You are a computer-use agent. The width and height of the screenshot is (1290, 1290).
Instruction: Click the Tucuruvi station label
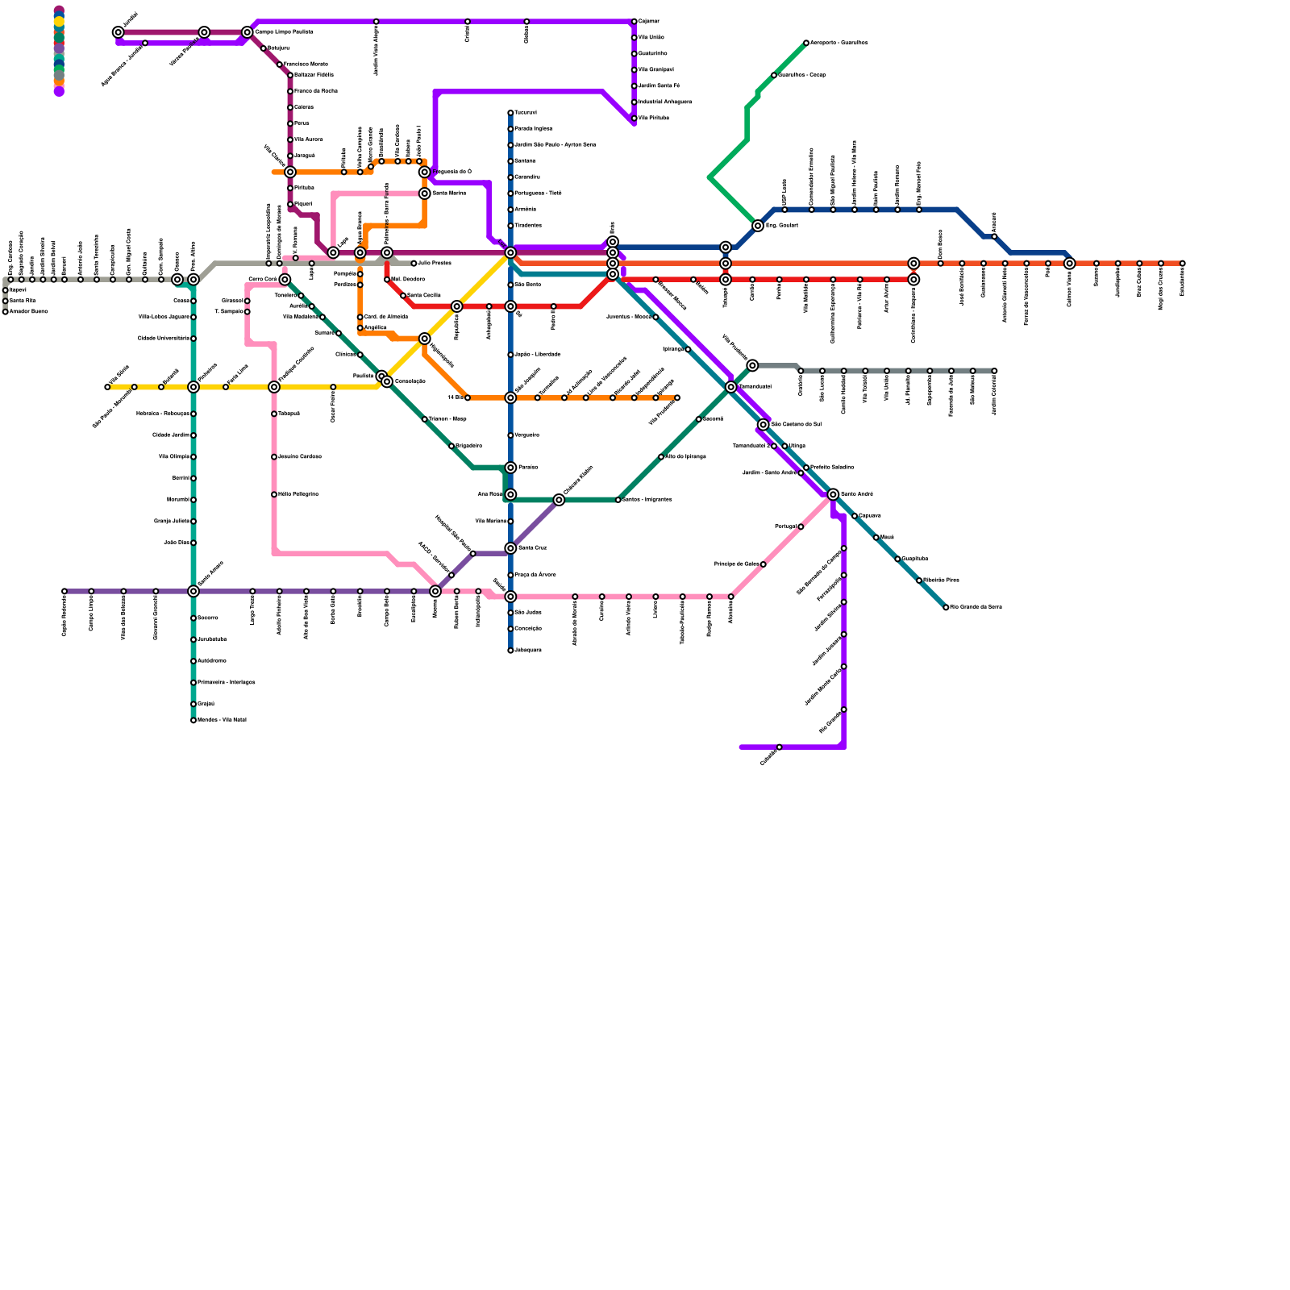(526, 113)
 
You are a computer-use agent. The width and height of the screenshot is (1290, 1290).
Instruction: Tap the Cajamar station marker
(635, 21)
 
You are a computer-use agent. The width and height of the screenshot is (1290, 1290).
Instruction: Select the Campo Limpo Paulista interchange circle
(248, 32)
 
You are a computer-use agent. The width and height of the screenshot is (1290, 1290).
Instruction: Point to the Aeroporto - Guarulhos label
(838, 43)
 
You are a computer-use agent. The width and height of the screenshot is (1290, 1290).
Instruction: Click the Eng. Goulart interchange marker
(758, 226)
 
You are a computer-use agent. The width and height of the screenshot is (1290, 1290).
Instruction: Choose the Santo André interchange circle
(833, 494)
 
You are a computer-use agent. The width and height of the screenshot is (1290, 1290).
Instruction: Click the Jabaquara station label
(528, 650)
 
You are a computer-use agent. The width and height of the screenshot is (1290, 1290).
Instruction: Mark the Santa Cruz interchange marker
(510, 548)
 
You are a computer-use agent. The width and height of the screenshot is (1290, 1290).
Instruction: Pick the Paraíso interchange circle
(510, 468)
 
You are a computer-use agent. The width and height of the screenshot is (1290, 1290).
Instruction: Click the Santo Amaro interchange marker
(193, 591)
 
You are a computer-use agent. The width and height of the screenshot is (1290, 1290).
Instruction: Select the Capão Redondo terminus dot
(64, 591)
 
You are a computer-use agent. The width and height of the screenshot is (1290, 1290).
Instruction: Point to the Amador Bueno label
(29, 312)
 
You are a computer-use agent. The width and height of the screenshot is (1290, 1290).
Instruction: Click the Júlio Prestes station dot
(414, 264)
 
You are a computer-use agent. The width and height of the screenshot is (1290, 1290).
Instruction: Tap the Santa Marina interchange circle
(424, 193)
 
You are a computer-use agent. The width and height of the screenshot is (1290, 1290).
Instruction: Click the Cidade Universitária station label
(163, 339)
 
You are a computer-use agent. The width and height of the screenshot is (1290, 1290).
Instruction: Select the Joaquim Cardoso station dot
(274, 457)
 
